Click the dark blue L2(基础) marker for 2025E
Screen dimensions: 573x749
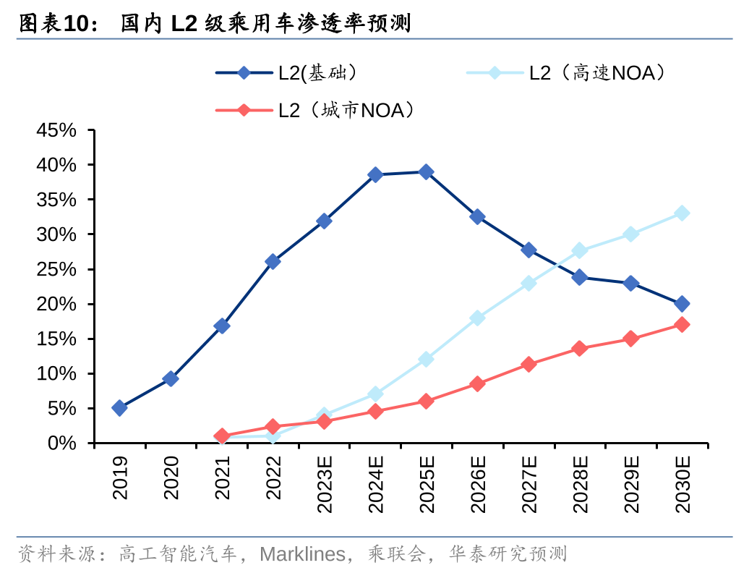pos(426,171)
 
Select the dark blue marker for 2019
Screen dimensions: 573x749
pos(119,408)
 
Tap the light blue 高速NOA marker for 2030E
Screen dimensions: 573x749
pos(681,213)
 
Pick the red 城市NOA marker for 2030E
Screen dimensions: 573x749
pos(681,324)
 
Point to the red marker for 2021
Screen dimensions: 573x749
pos(222,436)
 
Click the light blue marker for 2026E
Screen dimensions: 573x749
pos(477,318)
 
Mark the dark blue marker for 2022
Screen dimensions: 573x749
pos(273,261)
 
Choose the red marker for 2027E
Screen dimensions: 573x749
pos(528,364)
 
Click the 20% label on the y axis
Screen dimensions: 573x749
pos(57,304)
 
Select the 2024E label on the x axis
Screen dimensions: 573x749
pos(375,484)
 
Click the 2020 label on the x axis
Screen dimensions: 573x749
pos(171,477)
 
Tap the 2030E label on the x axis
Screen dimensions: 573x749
pos(682,484)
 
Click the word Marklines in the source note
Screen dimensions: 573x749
pos(301,554)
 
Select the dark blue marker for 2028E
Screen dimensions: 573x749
pos(579,277)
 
